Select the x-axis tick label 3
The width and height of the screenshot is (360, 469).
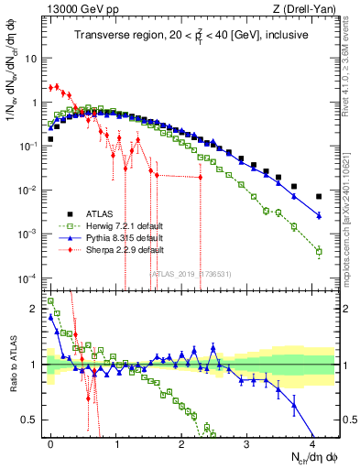(246, 442)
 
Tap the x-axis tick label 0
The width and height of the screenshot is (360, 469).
(51, 442)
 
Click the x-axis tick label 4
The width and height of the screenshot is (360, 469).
(311, 442)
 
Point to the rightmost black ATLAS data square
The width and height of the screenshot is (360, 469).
(319, 196)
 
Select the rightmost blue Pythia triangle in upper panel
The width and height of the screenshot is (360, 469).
(319, 215)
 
